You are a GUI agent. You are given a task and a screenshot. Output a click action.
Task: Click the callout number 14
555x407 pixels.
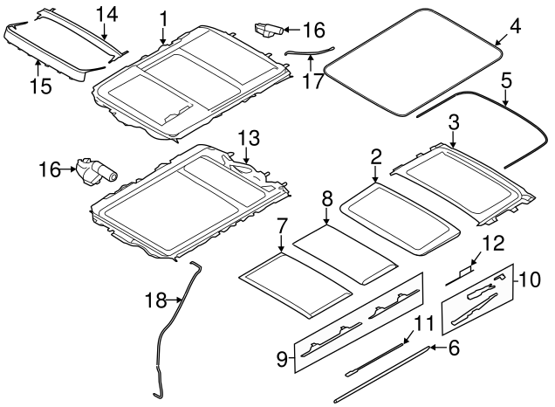click(107, 15)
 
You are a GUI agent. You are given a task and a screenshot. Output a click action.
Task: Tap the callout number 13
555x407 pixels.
click(249, 138)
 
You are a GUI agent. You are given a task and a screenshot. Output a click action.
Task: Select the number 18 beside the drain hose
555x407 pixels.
click(155, 300)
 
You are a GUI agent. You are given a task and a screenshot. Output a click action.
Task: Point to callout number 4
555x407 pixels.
click(516, 25)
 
